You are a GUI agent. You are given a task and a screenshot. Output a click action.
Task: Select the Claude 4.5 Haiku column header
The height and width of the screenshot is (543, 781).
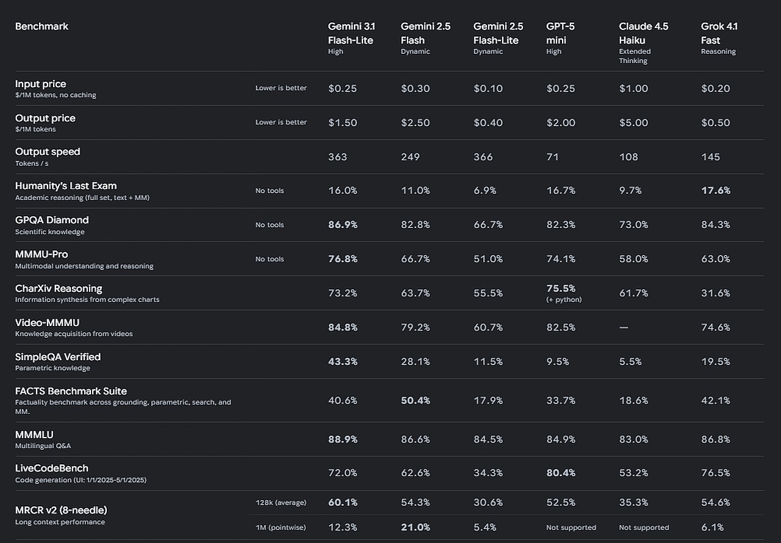click(x=643, y=34)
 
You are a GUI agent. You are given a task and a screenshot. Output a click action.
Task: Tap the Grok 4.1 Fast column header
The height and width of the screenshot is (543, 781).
click(x=719, y=34)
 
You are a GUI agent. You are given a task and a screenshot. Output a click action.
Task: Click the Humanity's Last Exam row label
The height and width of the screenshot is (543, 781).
click(x=66, y=186)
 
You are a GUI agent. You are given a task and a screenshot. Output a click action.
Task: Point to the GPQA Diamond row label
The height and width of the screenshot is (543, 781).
click(x=52, y=220)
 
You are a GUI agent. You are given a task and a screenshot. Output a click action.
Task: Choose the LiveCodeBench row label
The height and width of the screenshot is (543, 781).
click(x=52, y=468)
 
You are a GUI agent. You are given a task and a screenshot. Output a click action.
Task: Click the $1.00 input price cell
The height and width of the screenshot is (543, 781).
click(x=633, y=88)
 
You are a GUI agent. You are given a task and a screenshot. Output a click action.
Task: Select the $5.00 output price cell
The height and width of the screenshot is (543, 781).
click(x=633, y=122)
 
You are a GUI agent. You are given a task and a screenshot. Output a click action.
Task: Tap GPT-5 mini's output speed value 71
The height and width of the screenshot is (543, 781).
click(x=553, y=157)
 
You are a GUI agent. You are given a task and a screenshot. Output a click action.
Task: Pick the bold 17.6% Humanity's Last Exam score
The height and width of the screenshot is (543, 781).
click(x=716, y=191)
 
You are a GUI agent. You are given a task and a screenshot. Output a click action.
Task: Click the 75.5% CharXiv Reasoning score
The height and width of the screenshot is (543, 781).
click(x=561, y=288)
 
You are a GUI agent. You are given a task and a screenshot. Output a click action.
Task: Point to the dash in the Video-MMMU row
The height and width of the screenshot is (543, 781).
click(x=624, y=327)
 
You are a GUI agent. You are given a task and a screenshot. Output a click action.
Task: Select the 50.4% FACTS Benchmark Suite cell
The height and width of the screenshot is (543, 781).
click(x=416, y=400)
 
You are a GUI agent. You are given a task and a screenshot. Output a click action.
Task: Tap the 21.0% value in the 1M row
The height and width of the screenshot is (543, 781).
click(x=416, y=527)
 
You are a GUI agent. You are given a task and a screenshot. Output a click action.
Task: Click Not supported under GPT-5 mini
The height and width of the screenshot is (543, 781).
click(x=571, y=527)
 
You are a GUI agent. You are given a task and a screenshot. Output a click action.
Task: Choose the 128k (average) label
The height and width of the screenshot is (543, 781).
click(x=281, y=502)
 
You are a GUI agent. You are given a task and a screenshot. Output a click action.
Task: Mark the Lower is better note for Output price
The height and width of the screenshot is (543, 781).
click(x=281, y=122)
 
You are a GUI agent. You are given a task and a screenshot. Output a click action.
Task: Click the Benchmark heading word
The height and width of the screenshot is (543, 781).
click(x=41, y=26)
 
